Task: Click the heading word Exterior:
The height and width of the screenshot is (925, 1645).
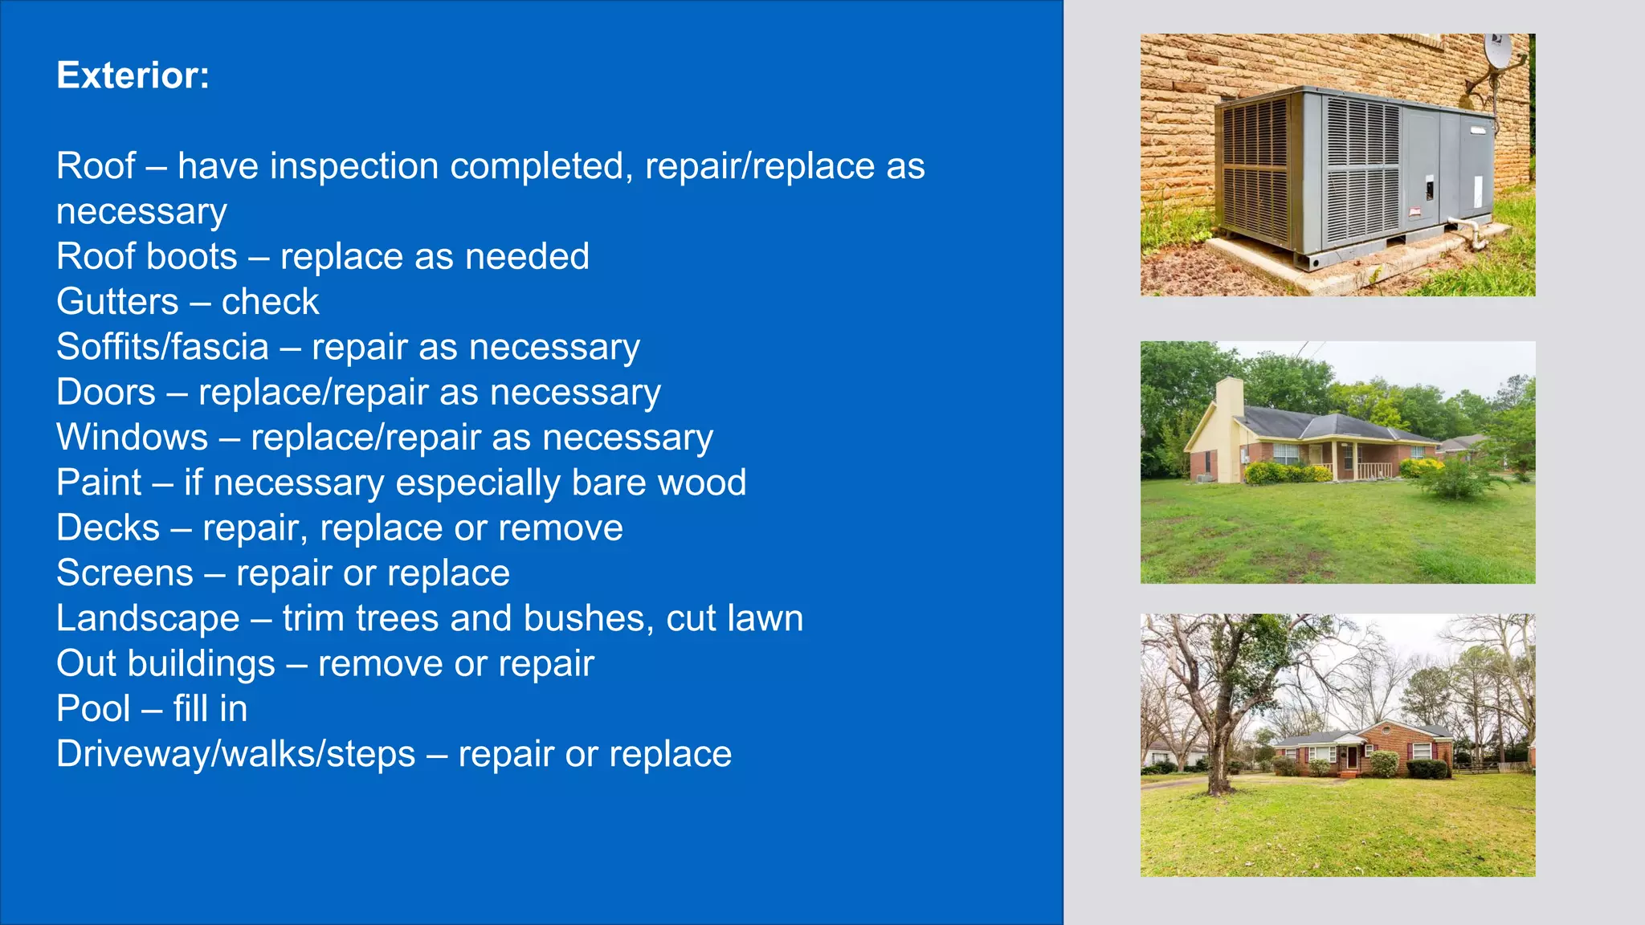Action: click(133, 75)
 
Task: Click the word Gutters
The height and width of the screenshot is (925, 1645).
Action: click(117, 302)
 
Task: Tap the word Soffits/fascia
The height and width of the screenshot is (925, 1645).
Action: click(162, 347)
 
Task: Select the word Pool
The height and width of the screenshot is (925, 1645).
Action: click(93, 709)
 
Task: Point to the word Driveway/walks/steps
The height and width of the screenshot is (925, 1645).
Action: click(235, 754)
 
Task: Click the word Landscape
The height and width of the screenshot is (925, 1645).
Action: click(148, 618)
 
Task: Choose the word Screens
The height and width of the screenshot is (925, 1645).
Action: click(124, 573)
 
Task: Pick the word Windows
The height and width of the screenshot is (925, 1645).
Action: click(132, 438)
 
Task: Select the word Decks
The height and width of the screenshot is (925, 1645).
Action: click(108, 528)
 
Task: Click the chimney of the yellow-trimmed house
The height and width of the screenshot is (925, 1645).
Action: click(1230, 396)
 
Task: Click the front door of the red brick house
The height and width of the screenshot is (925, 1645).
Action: click(1352, 756)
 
